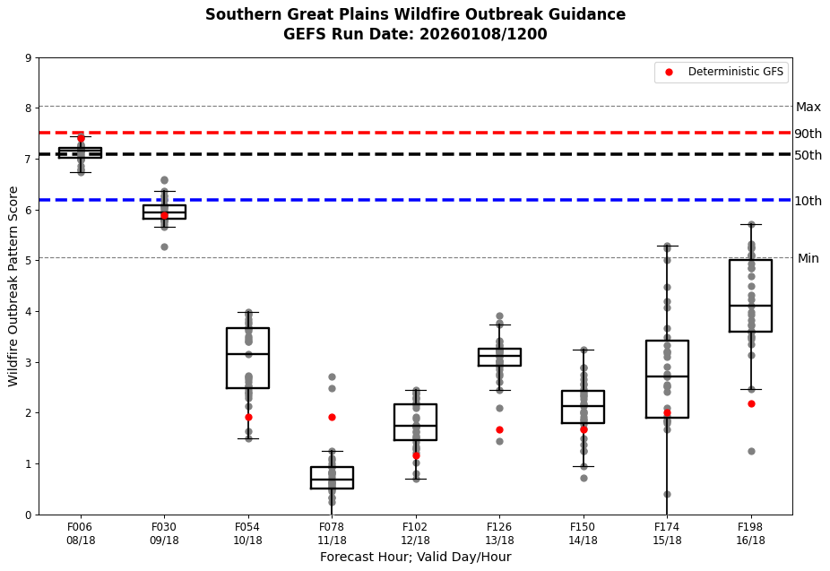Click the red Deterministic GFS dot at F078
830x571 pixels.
(x=332, y=417)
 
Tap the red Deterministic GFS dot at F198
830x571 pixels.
(x=751, y=403)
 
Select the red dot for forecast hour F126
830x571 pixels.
(x=499, y=429)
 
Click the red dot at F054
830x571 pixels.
(x=248, y=417)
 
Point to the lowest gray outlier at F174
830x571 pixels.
(x=667, y=494)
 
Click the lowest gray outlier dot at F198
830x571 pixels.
(x=751, y=451)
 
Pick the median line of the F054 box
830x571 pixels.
(x=248, y=354)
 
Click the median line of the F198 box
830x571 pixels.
(x=751, y=306)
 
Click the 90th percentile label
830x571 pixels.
(x=808, y=134)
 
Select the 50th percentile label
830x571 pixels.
(x=808, y=155)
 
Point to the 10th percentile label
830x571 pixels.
(x=808, y=201)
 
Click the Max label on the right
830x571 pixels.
(x=808, y=107)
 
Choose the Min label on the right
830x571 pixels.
(x=808, y=258)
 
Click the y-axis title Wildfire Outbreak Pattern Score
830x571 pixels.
(x=13, y=286)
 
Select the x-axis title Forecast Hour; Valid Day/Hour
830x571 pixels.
(x=415, y=557)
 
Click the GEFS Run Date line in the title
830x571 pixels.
(x=415, y=34)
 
